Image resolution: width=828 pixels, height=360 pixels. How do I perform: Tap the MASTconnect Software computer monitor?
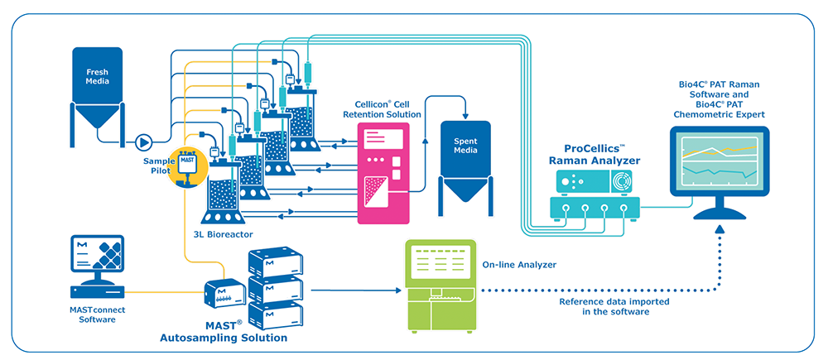click(98, 257)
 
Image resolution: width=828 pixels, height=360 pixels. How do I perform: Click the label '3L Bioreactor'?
click(217, 235)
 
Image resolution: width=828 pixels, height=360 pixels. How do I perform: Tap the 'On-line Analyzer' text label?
click(518, 265)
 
